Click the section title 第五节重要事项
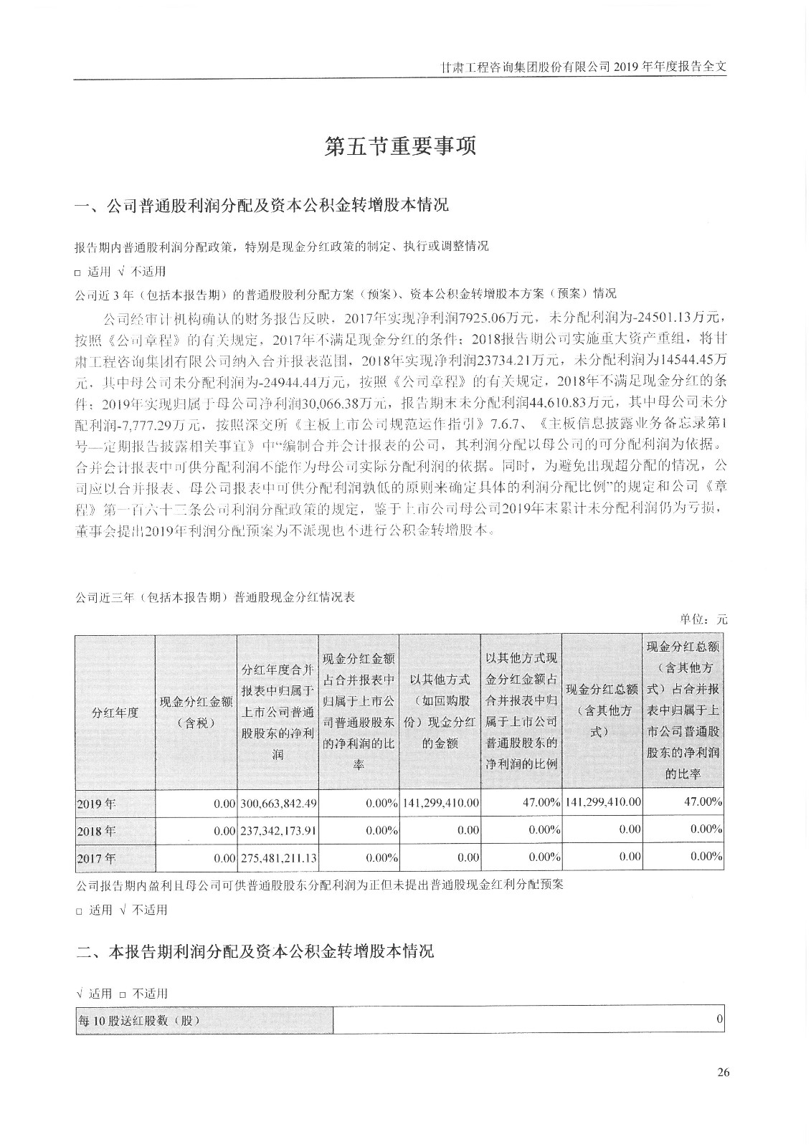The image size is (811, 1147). point(400,147)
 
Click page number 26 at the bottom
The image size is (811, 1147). point(722,1072)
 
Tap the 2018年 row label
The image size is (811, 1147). point(95,832)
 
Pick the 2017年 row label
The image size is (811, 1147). point(95,858)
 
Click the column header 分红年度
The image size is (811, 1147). point(115,713)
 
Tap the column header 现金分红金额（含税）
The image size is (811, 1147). point(196,713)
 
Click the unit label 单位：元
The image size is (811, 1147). point(703,619)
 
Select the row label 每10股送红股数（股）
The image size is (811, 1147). point(138,1021)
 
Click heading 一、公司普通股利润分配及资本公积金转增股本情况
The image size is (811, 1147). point(262,206)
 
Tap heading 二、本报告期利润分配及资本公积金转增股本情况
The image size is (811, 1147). point(255,952)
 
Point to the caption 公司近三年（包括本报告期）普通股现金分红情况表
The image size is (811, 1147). point(215,596)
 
